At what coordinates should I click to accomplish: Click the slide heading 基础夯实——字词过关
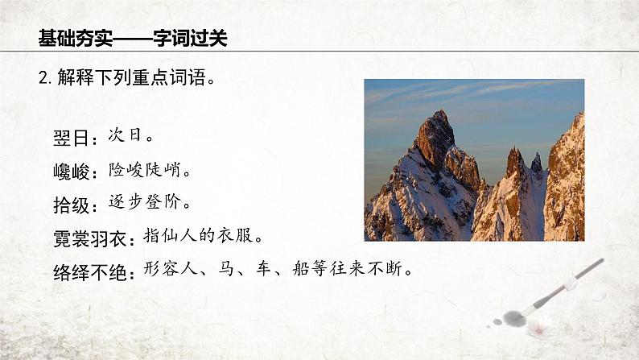tap(133, 38)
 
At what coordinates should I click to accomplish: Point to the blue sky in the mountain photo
tap(483, 105)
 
